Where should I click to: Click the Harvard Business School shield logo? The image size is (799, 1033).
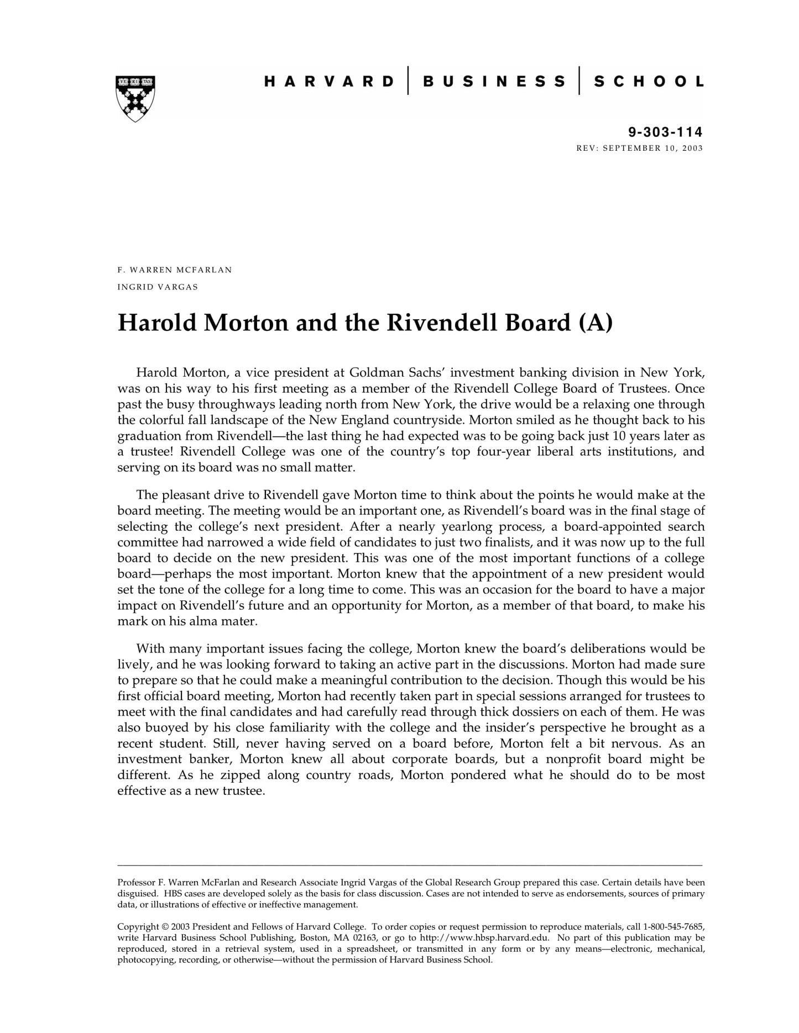135,98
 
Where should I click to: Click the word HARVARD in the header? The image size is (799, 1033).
329,82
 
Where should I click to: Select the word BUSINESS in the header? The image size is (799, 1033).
494,82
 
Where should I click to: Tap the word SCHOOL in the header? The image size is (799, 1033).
649,82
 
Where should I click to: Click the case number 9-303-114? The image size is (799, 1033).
665,132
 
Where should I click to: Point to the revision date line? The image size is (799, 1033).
639,148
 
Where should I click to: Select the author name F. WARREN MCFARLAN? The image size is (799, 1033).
175,270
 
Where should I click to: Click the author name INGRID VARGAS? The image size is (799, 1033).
158,287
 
